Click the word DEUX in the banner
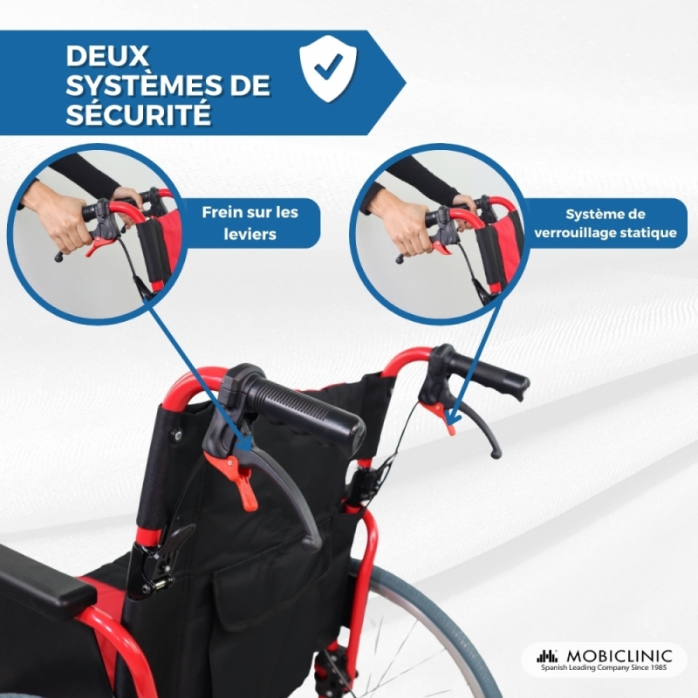tap(106, 56)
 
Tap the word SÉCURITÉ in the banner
tap(139, 113)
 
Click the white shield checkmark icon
tap(328, 68)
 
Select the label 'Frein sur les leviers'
tap(250, 223)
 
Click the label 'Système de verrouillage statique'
tap(606, 223)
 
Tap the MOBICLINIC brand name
tap(619, 656)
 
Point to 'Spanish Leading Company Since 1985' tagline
tap(604, 667)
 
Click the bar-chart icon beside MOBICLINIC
tap(547, 656)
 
